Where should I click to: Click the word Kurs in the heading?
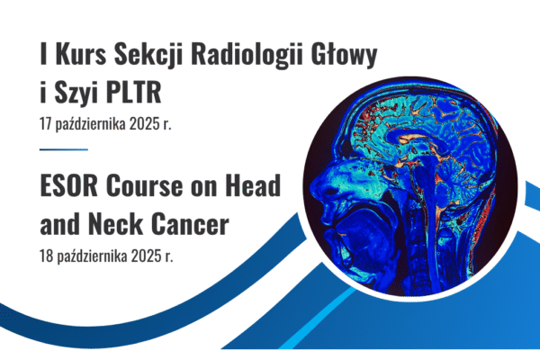click(81, 54)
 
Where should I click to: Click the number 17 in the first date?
click(46, 124)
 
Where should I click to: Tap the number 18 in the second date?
click(46, 256)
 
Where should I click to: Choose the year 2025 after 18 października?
click(146, 256)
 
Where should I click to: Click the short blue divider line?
click(64, 149)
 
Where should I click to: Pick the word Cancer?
click(190, 224)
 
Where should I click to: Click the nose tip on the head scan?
click(311, 189)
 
